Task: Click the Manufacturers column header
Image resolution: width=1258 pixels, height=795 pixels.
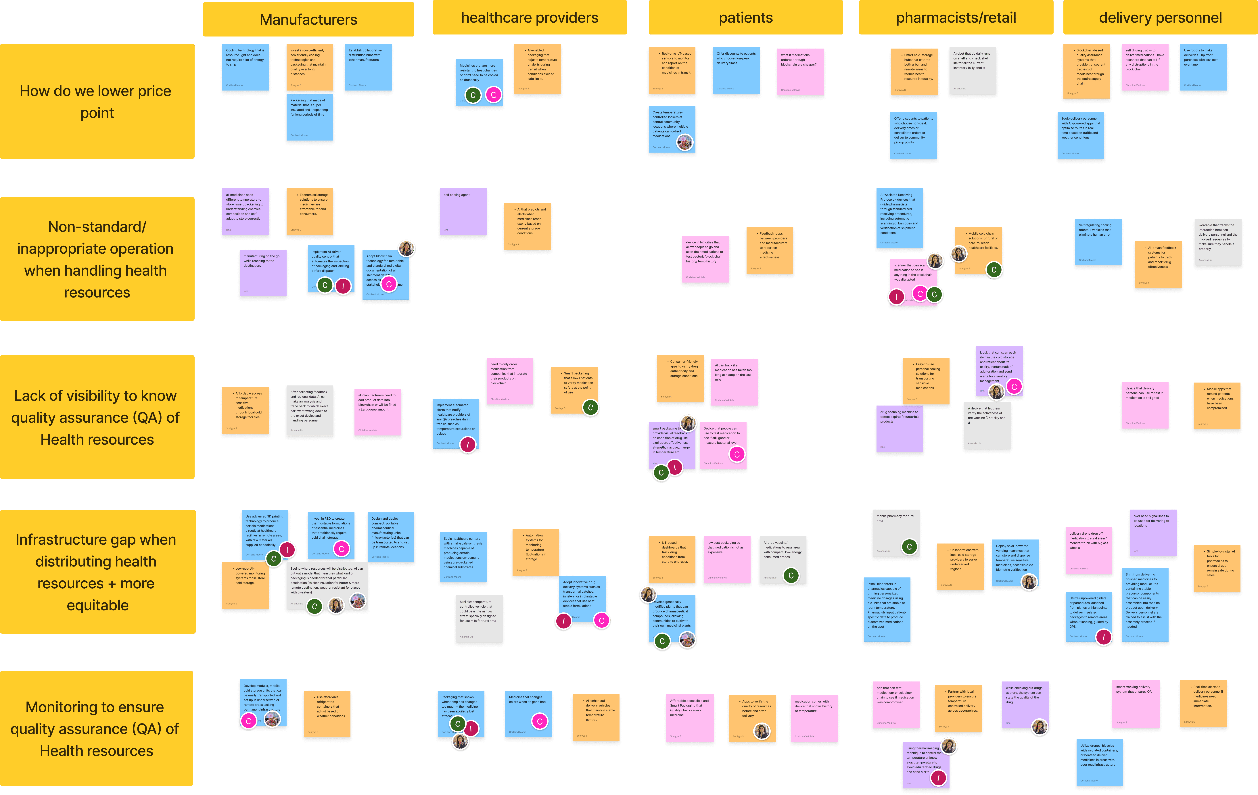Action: pos(308,19)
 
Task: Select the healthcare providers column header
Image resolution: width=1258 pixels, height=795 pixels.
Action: pos(529,18)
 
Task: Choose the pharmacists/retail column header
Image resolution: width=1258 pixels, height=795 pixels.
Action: pos(956,18)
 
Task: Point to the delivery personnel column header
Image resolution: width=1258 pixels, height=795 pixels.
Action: pos(1160,18)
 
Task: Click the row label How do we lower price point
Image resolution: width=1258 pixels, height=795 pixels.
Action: pos(97,101)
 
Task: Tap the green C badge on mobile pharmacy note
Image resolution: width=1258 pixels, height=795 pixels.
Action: pos(909,547)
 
